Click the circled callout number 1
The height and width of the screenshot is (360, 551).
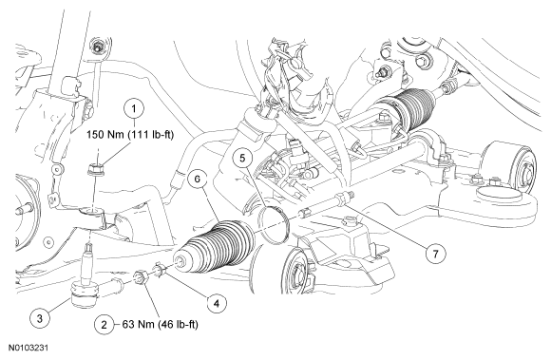[x=134, y=108]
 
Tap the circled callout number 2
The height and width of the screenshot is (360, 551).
[x=104, y=325]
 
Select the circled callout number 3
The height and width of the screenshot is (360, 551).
[x=40, y=318]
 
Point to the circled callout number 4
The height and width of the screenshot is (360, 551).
[x=217, y=303]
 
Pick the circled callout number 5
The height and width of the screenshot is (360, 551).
[x=243, y=158]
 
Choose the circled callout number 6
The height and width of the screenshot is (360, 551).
[x=198, y=180]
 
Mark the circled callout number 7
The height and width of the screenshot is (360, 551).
[x=436, y=254]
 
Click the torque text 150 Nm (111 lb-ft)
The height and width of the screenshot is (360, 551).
[x=130, y=135]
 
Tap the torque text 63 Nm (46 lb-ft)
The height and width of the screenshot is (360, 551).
[x=160, y=325]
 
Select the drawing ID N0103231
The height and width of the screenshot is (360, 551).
[x=28, y=348]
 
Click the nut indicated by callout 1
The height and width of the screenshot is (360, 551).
[x=95, y=170]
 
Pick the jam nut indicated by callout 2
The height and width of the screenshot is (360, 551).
[x=142, y=276]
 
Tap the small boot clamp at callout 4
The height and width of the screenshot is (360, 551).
[x=160, y=270]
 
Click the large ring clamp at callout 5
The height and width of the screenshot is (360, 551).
[x=274, y=224]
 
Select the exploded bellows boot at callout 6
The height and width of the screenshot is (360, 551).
[x=215, y=247]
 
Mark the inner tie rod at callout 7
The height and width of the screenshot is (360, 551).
[x=327, y=204]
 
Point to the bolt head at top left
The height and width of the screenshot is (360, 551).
[x=97, y=47]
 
